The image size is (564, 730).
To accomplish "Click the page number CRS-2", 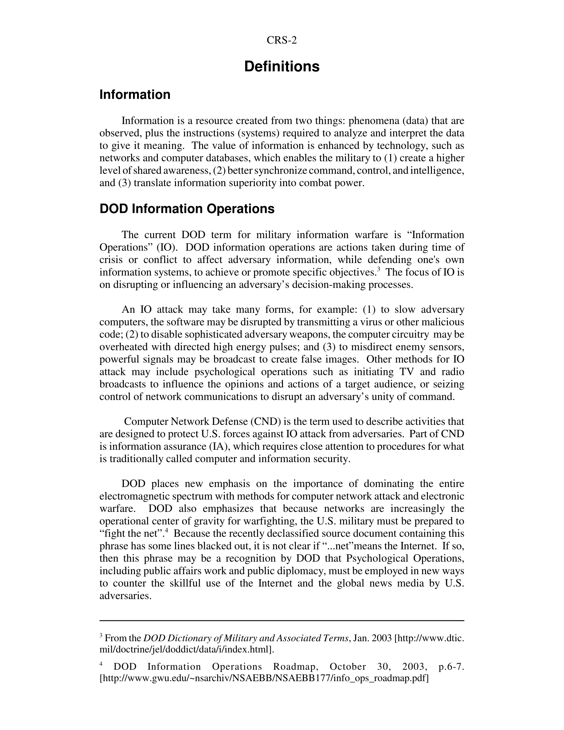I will (281, 40).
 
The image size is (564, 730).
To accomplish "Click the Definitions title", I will (282, 66).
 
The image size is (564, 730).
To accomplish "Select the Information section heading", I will (135, 95).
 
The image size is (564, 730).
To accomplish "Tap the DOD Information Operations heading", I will (187, 209).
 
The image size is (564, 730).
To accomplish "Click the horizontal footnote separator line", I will (282, 621).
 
